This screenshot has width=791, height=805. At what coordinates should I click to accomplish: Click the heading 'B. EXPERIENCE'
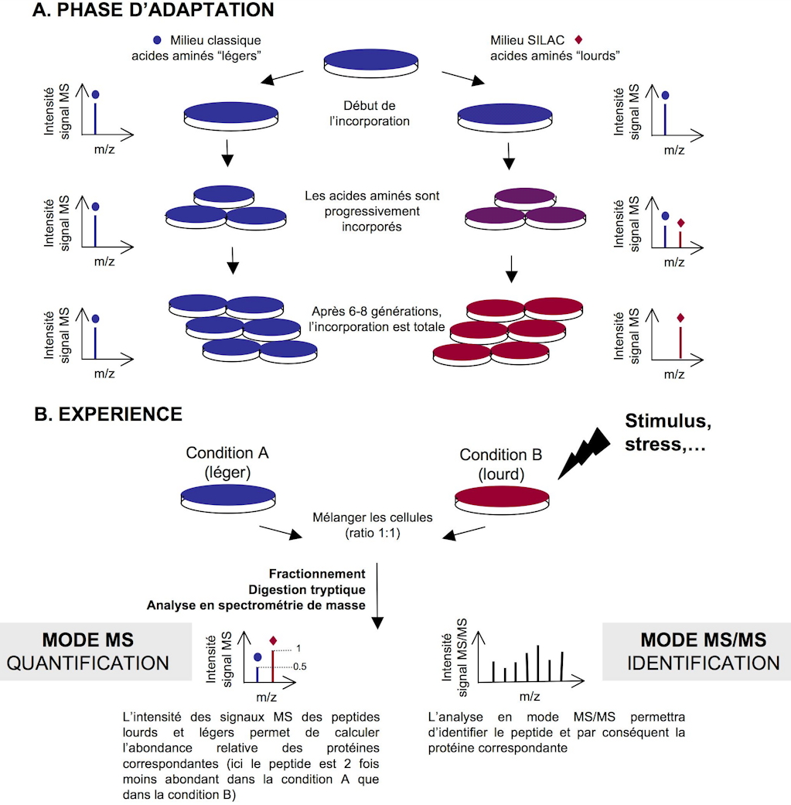tap(108, 414)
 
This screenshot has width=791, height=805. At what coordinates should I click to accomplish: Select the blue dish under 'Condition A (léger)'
tap(227, 496)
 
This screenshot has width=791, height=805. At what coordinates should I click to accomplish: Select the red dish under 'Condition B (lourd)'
tap(502, 496)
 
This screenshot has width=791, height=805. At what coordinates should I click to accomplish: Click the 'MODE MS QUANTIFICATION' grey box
tap(94, 651)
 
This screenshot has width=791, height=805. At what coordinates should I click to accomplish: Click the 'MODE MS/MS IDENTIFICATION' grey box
tap(696, 651)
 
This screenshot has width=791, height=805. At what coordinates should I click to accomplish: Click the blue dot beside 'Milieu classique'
tap(158, 39)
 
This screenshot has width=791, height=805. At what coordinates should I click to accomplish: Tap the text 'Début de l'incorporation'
tap(374, 114)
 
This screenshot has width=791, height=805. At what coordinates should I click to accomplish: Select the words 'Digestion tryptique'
tap(317, 589)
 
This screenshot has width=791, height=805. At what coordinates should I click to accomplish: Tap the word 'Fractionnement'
tap(317, 574)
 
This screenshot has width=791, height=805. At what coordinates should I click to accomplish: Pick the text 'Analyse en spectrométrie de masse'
tap(257, 605)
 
